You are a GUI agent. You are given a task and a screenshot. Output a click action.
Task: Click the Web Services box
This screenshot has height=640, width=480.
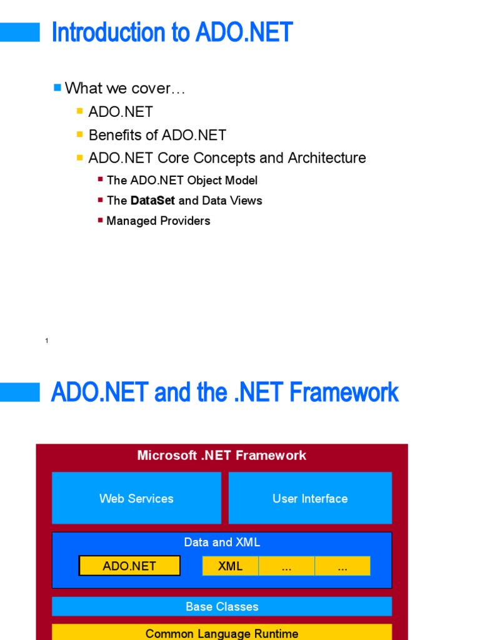pos(136,498)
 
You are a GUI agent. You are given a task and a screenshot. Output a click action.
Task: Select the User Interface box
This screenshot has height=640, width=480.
pos(310,498)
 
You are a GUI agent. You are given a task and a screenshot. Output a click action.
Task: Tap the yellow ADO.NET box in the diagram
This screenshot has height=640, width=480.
pos(129,566)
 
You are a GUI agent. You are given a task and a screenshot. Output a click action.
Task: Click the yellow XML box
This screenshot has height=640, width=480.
pos(230,566)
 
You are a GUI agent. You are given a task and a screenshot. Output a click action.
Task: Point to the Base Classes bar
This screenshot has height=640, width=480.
pos(222,606)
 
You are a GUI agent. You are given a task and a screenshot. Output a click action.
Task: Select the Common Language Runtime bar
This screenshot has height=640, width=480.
pos(222,633)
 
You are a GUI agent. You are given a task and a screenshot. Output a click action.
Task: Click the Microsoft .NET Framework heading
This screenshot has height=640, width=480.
pos(222,455)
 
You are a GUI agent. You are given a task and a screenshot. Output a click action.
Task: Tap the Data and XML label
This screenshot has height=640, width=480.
pos(222,542)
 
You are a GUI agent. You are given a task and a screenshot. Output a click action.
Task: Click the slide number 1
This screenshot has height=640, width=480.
pos(47,341)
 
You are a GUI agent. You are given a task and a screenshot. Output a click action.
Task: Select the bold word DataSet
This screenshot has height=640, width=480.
pos(152,201)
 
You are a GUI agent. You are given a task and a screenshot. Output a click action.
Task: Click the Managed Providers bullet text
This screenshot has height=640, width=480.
pos(158,221)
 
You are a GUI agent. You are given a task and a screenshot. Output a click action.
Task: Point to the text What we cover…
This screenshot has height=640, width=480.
pos(125,89)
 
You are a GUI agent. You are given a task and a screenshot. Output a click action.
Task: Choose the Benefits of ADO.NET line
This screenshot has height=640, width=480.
pos(157,135)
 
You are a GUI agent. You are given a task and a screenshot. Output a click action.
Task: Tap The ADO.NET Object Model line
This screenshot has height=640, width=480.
pos(182,181)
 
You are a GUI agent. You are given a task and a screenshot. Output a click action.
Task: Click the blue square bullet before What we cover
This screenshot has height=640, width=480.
pos(57,87)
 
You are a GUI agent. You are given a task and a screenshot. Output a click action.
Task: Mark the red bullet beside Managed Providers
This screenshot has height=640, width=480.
pos(101,220)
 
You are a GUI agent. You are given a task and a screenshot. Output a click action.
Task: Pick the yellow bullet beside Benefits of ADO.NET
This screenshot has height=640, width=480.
pos(80,134)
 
